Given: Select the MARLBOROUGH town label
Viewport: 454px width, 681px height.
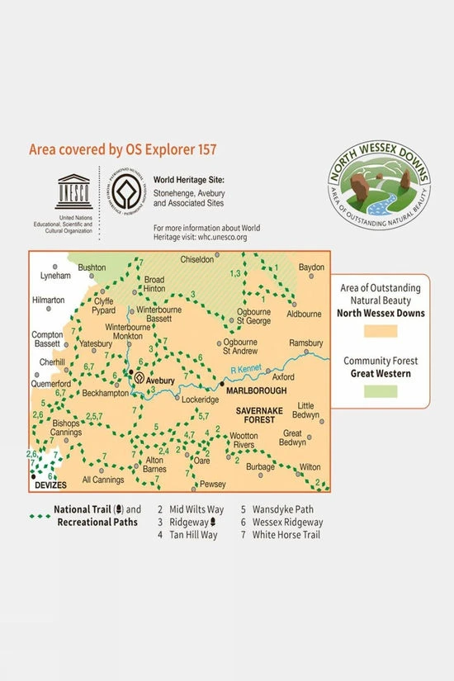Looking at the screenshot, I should (258, 390).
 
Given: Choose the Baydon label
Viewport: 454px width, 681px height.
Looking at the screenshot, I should (311, 268).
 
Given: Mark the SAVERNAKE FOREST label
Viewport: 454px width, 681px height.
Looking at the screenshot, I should (262, 415).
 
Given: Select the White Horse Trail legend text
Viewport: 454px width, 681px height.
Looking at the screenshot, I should (286, 535).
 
